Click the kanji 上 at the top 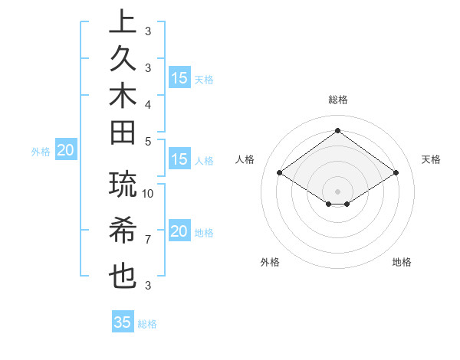click(121, 23)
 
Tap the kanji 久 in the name click(121, 60)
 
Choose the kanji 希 click(121, 231)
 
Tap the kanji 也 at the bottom click(121, 277)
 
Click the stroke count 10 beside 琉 click(148, 193)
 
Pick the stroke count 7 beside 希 click(147, 240)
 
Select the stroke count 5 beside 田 click(147, 141)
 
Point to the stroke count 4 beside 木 click(147, 104)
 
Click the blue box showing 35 click(122, 322)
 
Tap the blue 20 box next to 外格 click(65, 151)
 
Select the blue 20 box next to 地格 click(179, 232)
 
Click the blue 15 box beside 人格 click(179, 160)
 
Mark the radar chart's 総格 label click(337, 100)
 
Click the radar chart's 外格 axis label click(270, 262)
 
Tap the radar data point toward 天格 click(396, 173)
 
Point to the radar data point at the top click(337, 130)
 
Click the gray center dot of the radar click(337, 191)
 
